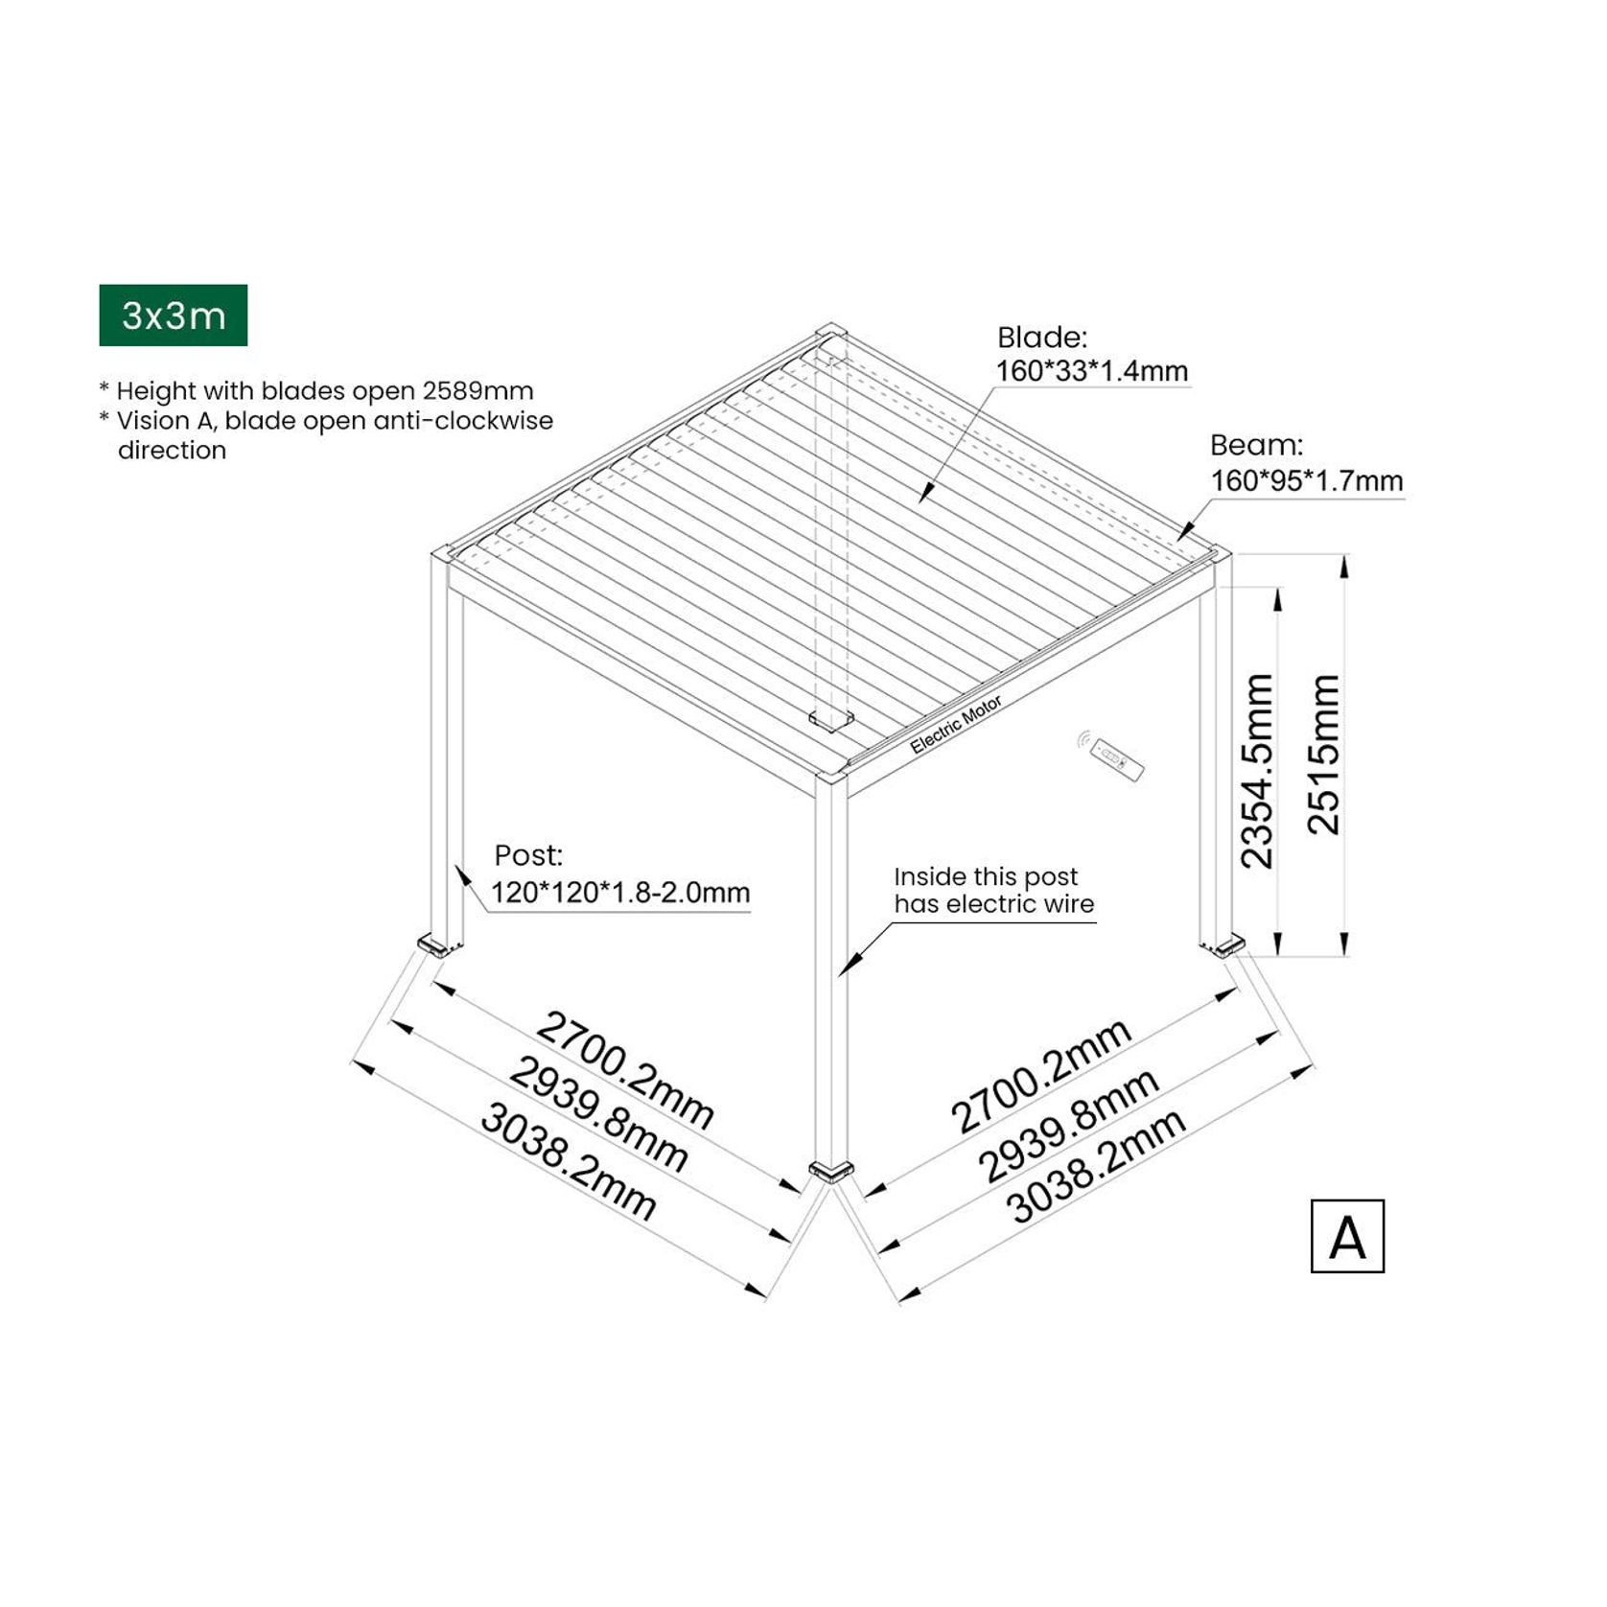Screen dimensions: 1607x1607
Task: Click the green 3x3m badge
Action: coord(174,315)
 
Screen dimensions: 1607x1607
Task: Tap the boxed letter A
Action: coord(1347,1237)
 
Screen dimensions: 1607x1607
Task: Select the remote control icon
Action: coord(1117,757)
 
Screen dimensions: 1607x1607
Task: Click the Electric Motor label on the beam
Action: coord(956,725)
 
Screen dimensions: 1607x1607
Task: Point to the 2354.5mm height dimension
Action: coord(1257,771)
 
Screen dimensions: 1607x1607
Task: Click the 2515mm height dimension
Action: coord(1324,754)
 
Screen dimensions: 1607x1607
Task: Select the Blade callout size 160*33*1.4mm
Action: coord(1092,371)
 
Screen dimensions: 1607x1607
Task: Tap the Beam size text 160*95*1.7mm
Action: coord(1306,480)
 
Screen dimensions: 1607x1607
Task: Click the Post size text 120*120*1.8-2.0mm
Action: coord(620,893)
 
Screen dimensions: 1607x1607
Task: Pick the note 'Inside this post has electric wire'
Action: coord(993,890)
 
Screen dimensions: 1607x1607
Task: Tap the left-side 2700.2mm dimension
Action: coord(624,1069)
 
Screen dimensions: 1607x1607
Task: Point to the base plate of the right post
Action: coord(1226,947)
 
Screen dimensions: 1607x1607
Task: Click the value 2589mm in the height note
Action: coord(477,391)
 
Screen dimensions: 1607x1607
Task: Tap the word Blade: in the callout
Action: coord(1042,338)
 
